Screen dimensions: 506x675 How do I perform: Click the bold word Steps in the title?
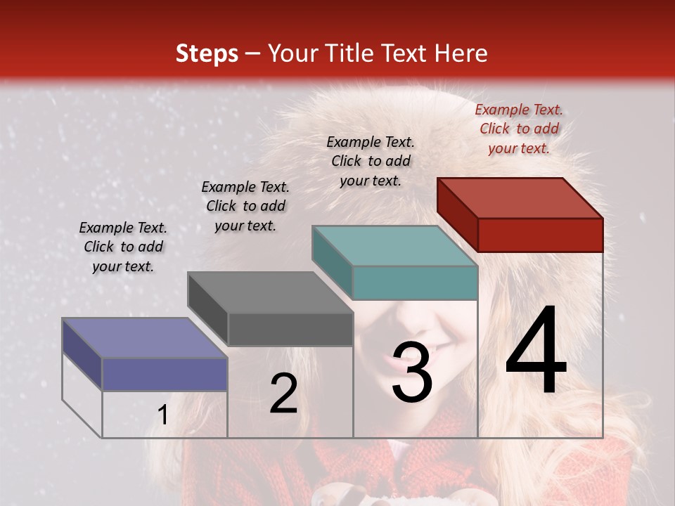[207, 53]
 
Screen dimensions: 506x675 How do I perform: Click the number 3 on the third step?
[411, 372]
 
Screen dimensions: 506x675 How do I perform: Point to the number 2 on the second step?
[283, 394]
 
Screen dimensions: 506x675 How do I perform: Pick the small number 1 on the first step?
[162, 415]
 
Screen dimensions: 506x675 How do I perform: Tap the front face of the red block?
[540, 235]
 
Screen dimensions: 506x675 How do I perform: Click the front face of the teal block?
[415, 283]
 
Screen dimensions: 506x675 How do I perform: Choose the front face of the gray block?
[290, 329]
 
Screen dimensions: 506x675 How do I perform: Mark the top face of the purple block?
[145, 338]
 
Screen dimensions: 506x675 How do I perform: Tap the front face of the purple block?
[165, 375]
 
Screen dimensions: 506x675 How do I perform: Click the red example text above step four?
[519, 129]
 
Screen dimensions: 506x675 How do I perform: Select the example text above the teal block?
[371, 161]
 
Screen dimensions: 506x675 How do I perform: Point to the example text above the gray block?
[245, 206]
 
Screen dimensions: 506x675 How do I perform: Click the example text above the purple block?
[123, 247]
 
